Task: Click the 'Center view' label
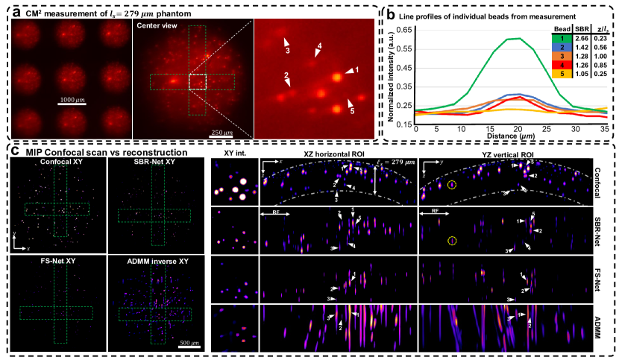click(x=154, y=25)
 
